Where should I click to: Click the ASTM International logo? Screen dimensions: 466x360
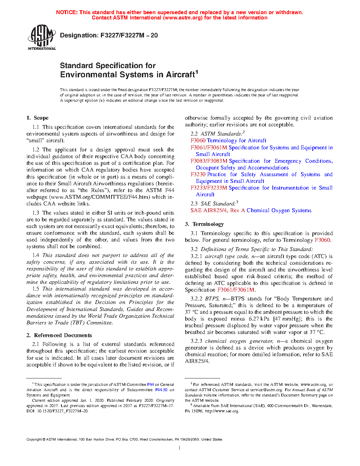42,37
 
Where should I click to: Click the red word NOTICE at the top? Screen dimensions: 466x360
67,12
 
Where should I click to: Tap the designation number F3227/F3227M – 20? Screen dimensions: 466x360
129,35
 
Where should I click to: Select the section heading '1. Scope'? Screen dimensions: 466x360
37,118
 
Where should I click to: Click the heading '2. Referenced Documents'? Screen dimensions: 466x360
59,335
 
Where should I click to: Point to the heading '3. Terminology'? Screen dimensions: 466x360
204,224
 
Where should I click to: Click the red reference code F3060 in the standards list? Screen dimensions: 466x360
198,141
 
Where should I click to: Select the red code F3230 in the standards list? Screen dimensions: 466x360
198,174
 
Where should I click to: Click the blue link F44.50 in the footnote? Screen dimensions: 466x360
161,390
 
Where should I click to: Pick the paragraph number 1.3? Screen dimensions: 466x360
36,213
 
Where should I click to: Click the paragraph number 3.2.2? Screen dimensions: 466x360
196,299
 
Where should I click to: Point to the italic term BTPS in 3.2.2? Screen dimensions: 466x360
212,299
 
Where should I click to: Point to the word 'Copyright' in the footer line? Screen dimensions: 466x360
34,440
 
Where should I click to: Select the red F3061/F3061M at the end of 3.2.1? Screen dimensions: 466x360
236,290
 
